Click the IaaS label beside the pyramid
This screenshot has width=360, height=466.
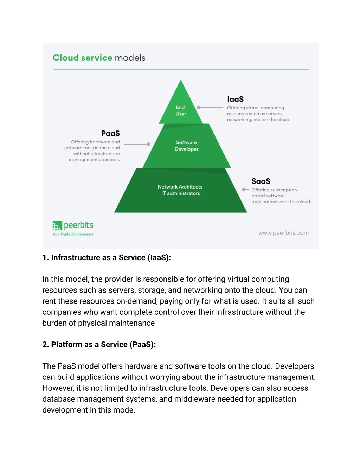tap(235, 99)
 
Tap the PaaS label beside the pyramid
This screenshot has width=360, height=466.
tap(110, 133)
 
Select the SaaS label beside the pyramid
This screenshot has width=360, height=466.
tap(261, 181)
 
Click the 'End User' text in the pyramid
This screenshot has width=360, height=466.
tap(181, 110)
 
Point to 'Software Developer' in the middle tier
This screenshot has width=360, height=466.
tap(186, 146)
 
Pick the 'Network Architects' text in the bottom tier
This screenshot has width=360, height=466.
tap(180, 187)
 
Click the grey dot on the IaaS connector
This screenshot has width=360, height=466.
tap(199, 107)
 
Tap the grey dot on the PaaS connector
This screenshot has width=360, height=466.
tap(148, 144)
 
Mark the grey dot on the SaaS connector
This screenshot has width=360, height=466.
tap(244, 189)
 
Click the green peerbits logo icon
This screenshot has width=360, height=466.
tap(57, 225)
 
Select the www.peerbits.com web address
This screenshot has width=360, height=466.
tap(283, 233)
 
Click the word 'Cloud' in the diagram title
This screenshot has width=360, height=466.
tap(66, 58)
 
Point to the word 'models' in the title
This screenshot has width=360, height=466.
tap(130, 58)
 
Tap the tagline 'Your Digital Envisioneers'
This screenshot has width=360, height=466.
tap(73, 234)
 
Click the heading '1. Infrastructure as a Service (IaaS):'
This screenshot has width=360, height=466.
tap(107, 257)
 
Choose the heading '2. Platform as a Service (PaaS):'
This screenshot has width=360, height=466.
tap(99, 344)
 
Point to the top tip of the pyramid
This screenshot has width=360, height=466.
tap(181, 80)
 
